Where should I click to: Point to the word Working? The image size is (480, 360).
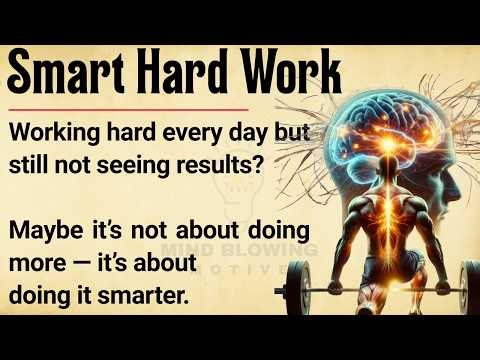(55, 136)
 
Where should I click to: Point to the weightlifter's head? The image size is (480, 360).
(372, 205)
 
